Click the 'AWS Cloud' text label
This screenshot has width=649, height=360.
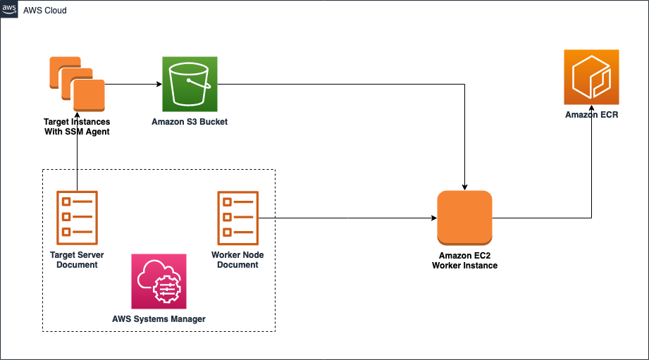(46, 11)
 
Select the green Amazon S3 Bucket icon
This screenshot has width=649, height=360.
(190, 85)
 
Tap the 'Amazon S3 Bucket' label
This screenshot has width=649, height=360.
(190, 122)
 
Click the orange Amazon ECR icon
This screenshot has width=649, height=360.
(591, 77)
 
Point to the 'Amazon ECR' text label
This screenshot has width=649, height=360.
(591, 115)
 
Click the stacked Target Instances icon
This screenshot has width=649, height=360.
(77, 84)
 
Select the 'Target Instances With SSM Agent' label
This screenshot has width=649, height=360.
(77, 127)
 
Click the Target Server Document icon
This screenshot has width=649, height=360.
(77, 216)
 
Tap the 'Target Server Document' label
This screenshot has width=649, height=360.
(77, 260)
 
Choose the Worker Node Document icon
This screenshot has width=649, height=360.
(237, 216)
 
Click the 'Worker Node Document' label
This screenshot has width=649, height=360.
(237, 260)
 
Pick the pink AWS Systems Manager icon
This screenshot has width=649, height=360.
(159, 281)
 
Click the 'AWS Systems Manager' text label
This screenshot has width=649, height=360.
(159, 319)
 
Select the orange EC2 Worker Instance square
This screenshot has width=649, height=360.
(464, 218)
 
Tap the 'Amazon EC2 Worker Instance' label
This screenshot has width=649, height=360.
(464, 261)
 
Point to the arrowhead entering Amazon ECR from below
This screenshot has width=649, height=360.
(591, 108)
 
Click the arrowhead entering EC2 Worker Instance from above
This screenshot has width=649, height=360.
(464, 187)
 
